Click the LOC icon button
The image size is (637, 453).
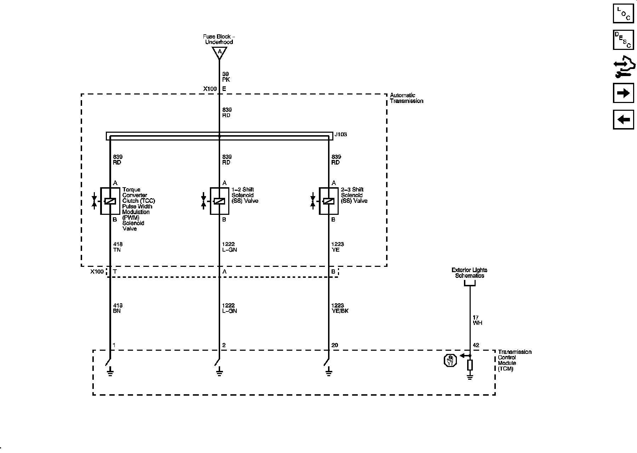click(623, 13)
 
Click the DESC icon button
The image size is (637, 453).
click(623, 40)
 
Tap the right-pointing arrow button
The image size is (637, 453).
click(623, 93)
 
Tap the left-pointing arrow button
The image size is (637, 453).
click(623, 120)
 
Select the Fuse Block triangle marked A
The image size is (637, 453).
click(219, 52)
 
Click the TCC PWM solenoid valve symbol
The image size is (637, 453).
click(110, 201)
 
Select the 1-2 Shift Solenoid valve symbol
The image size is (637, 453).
click(219, 201)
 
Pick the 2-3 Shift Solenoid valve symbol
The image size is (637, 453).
click(329, 201)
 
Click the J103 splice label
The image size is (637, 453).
click(340, 134)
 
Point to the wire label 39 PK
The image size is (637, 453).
click(226, 77)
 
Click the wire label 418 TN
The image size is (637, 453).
click(117, 247)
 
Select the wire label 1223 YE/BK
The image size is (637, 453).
click(340, 308)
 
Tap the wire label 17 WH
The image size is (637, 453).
click(477, 320)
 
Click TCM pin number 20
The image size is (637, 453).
click(335, 345)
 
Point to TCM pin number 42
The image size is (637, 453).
click(476, 345)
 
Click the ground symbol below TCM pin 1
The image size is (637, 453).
click(110, 371)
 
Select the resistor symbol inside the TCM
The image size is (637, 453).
click(470, 365)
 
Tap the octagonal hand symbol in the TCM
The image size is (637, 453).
click(450, 361)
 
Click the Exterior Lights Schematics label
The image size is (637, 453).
click(470, 273)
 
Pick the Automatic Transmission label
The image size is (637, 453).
click(406, 98)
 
